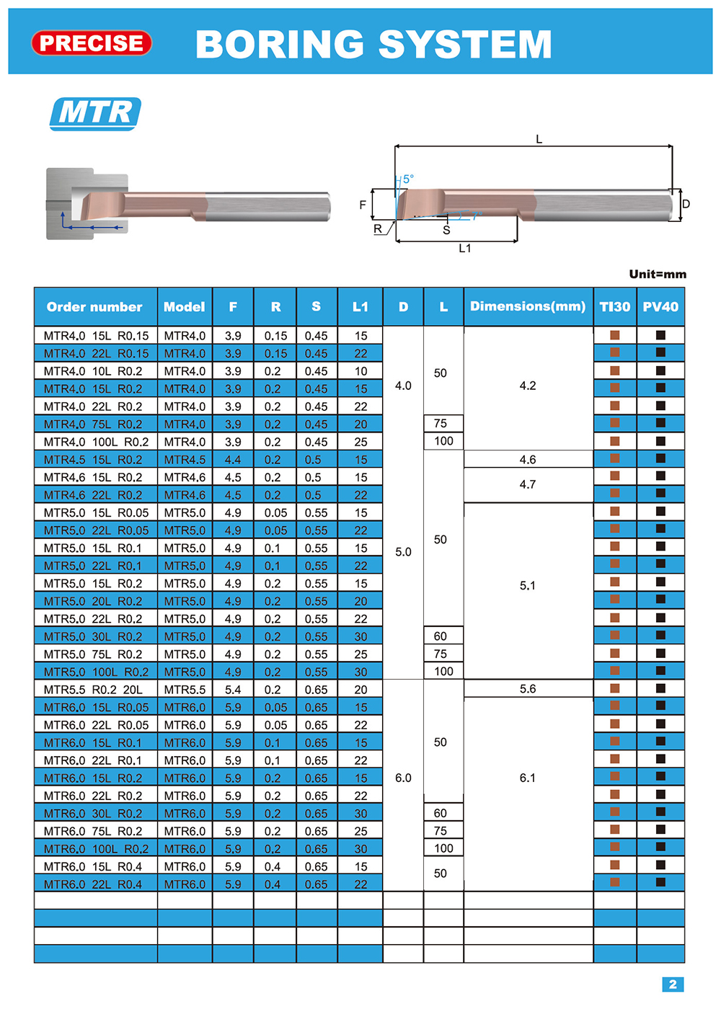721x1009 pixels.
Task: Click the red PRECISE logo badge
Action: (x=92, y=43)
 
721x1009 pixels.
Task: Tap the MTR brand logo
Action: (x=95, y=114)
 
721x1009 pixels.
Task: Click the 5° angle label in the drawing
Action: (x=408, y=179)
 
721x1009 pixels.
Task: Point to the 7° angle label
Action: (x=477, y=215)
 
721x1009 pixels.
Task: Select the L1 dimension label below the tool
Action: (x=465, y=248)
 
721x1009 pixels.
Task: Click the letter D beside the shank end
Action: (x=686, y=204)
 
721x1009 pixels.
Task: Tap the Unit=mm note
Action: (x=658, y=275)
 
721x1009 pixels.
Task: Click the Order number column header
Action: (x=94, y=307)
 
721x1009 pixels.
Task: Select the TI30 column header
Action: (x=614, y=307)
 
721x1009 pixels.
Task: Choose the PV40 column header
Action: (x=660, y=307)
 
